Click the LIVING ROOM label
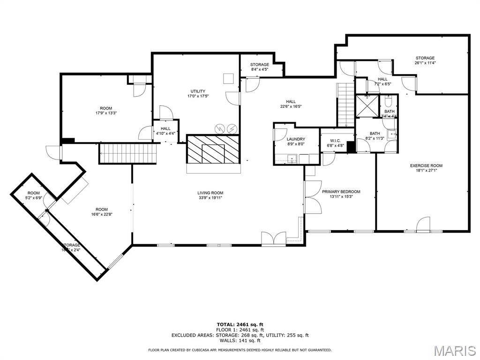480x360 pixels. tap(210, 193)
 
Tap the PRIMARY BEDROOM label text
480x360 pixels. tap(341, 192)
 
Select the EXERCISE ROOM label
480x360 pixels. tap(426, 165)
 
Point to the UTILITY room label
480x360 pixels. tap(197, 91)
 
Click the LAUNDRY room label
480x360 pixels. tap(296, 139)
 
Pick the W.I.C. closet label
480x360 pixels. tap(335, 140)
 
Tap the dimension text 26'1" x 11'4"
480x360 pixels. tap(425, 63)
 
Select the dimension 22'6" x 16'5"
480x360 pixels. tap(291, 106)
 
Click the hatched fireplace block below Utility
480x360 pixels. tap(213, 149)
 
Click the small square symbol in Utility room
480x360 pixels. tap(228, 78)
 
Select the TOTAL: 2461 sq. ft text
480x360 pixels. tap(240, 324)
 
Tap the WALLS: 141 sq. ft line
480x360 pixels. tap(240, 341)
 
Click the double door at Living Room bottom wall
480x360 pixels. tap(274, 239)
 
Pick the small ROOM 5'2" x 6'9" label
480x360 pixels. tap(33, 195)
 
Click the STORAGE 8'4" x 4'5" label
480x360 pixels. tap(259, 67)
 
